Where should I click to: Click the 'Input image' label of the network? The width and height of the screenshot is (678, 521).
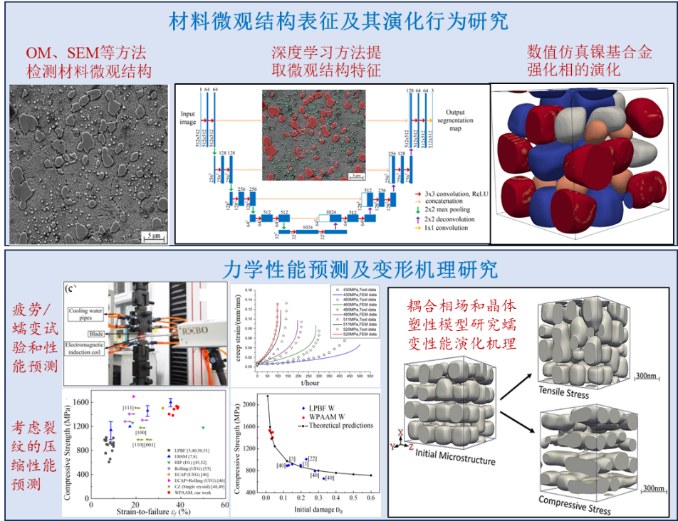point(188,117)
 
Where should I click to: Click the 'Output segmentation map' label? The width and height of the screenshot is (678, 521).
point(459,120)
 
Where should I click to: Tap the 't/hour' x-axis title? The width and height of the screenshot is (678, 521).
point(309,382)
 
